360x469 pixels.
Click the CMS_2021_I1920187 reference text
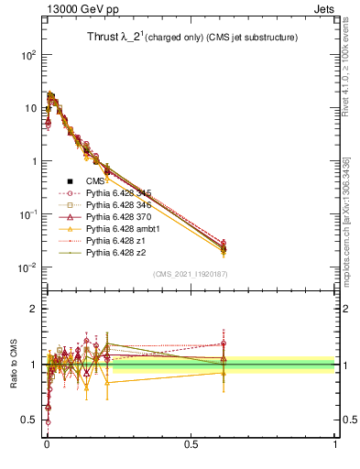click(x=191, y=273)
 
